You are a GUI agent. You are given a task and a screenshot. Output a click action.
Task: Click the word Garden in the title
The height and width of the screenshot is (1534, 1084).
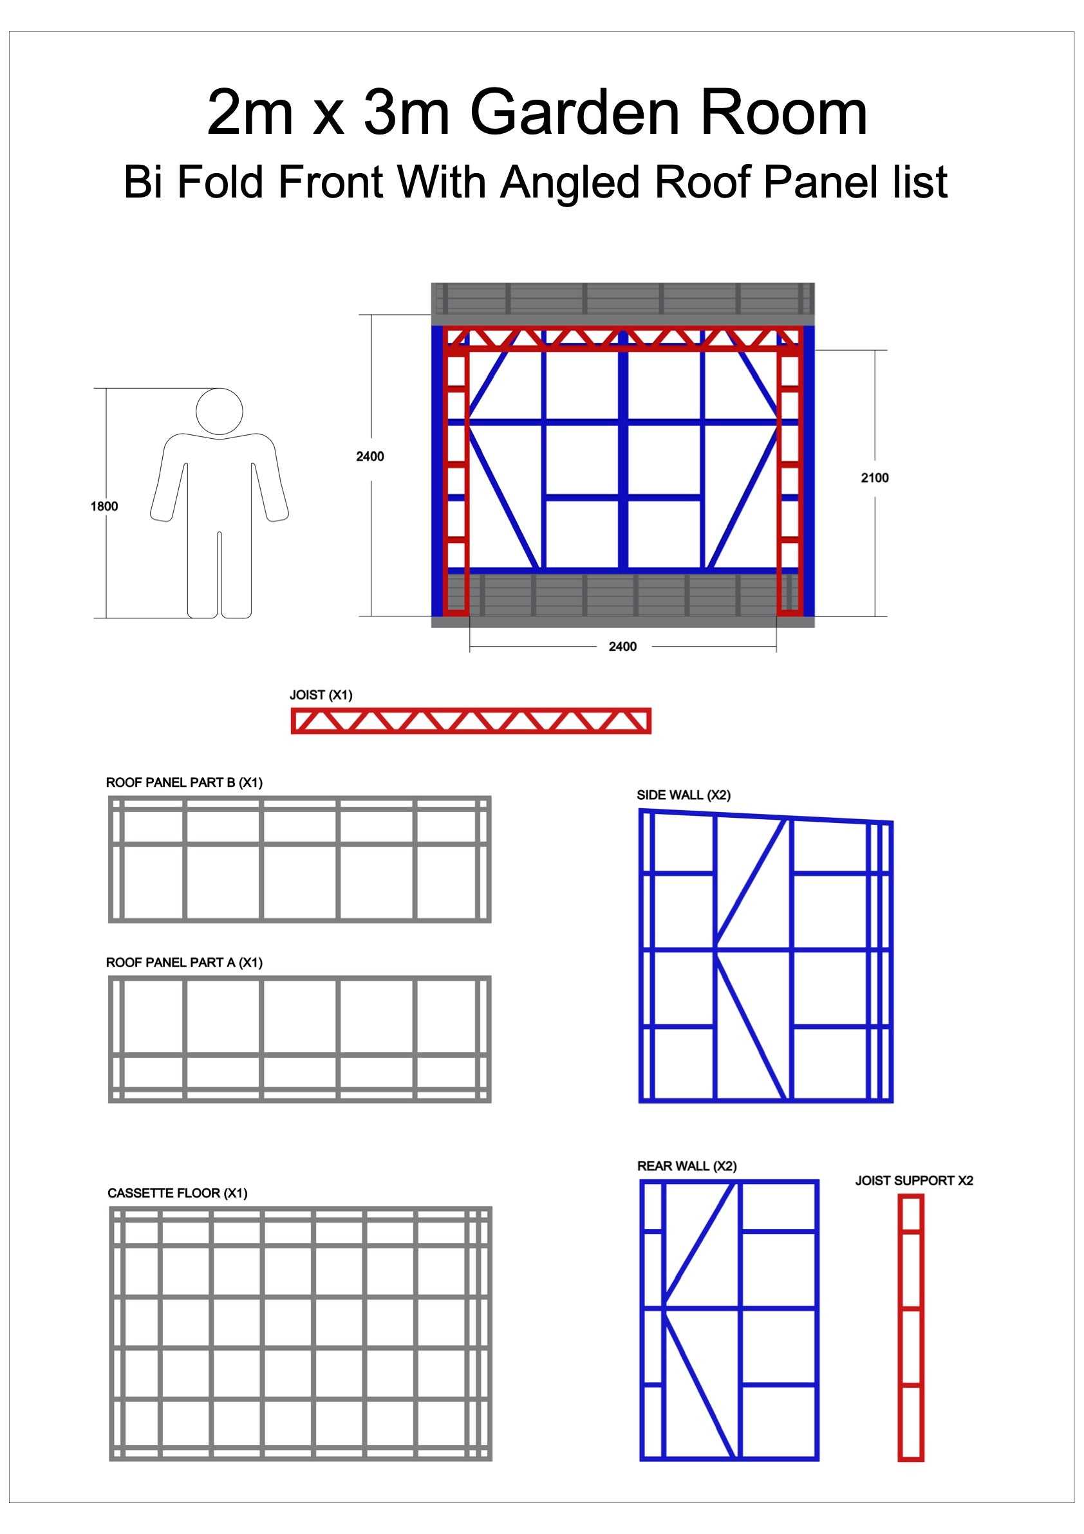(576, 112)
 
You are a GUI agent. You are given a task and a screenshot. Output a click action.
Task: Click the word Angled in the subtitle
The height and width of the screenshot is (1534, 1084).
(571, 181)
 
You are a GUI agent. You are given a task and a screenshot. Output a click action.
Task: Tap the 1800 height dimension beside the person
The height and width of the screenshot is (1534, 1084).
(104, 506)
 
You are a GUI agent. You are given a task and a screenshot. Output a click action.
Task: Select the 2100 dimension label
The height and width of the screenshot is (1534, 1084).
(874, 477)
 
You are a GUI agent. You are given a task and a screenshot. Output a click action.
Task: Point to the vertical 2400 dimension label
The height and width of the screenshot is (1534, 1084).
(369, 456)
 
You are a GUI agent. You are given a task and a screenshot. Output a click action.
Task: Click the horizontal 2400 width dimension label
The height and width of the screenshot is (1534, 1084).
(622, 647)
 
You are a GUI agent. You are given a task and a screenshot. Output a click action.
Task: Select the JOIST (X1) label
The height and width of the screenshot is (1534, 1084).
(321, 695)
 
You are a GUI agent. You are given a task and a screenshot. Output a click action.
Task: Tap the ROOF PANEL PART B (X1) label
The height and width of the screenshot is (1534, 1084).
(185, 782)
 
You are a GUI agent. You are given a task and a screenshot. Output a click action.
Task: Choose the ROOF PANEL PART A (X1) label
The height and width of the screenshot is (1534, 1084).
(185, 963)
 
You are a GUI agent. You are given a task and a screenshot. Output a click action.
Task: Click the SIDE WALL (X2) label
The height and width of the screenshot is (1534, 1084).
(684, 795)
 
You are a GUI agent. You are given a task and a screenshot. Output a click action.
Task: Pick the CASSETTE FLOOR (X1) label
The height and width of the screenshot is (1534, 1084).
(178, 1193)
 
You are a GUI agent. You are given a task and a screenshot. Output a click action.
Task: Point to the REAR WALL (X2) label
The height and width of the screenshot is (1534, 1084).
(687, 1166)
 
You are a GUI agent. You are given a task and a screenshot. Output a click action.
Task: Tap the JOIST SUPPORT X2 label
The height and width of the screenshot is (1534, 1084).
(914, 1181)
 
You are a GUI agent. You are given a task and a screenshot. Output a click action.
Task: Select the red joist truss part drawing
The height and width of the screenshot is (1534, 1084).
(471, 721)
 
